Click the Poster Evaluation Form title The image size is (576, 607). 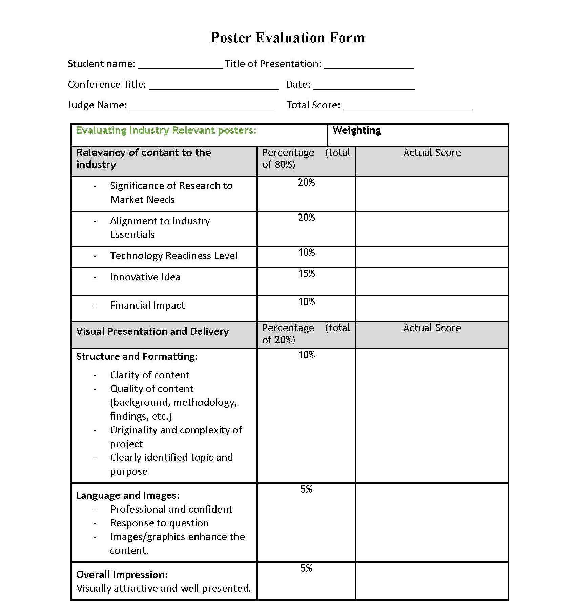[x=287, y=38]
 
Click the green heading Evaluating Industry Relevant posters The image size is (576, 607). [x=166, y=130]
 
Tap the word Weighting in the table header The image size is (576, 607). [x=356, y=130]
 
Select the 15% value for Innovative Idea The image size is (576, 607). [x=306, y=274]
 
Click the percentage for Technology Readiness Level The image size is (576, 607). [x=306, y=252]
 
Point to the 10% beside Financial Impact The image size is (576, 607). [x=306, y=302]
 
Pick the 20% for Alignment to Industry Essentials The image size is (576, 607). [x=306, y=218]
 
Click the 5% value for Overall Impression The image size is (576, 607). [x=306, y=568]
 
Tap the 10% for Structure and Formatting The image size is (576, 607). [x=306, y=355]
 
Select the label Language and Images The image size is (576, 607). [x=128, y=495]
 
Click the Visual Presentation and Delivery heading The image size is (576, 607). [x=152, y=331]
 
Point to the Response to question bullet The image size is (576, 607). [x=159, y=523]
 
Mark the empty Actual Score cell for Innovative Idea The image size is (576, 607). [x=432, y=282]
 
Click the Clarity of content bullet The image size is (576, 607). [x=150, y=375]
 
